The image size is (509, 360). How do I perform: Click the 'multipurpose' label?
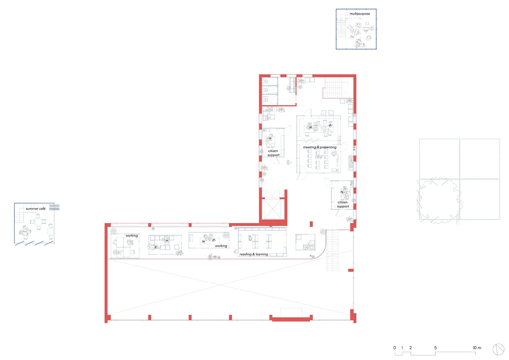[x=360, y=14]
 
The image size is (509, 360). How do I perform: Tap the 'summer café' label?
[x=36, y=209]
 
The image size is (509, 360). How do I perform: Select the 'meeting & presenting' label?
[x=320, y=147]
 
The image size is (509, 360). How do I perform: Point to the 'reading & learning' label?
[x=253, y=254]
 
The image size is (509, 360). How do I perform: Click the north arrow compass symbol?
[x=498, y=349]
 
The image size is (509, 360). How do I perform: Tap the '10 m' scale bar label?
[x=477, y=348]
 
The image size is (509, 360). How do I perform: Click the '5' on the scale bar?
[x=435, y=348]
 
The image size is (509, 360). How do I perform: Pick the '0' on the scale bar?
[x=395, y=348]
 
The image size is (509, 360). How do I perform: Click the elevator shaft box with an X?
[x=272, y=209]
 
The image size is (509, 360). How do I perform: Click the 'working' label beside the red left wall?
[x=132, y=236]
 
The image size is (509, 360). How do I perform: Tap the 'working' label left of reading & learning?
[x=221, y=246]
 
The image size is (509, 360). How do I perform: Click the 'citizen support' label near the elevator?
[x=343, y=204]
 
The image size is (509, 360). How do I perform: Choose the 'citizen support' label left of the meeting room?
[x=273, y=153]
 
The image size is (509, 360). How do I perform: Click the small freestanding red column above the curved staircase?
[x=311, y=224]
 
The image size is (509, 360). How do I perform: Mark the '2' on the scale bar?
[x=410, y=348]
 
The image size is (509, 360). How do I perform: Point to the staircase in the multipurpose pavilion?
[x=341, y=28]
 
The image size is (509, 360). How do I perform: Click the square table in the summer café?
[x=38, y=222]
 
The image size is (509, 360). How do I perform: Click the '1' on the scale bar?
[x=402, y=348]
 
